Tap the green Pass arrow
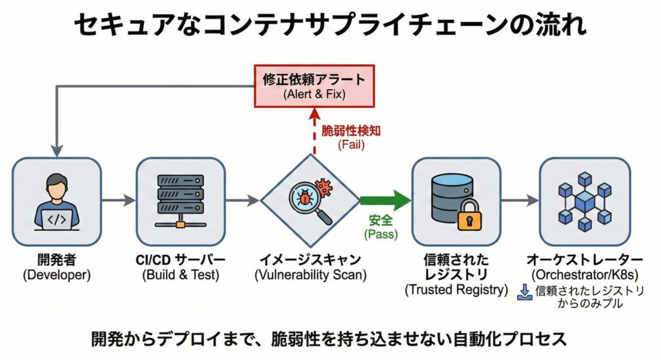[384, 201]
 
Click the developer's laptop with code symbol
[57, 220]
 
